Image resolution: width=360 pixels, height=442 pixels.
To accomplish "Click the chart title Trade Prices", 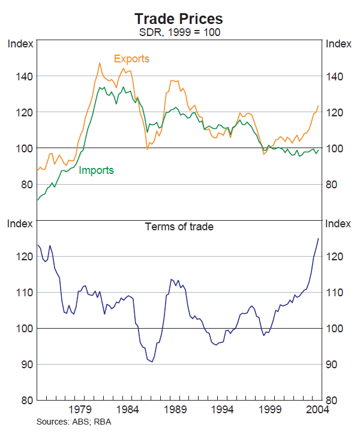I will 179,19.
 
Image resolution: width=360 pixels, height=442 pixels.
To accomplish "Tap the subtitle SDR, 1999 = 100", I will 179,32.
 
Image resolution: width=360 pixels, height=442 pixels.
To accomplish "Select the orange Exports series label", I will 131,59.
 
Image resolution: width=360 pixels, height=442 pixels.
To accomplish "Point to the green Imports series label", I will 96,170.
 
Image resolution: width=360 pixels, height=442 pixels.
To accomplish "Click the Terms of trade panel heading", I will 179,227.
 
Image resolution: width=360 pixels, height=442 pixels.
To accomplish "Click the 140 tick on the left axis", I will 25,76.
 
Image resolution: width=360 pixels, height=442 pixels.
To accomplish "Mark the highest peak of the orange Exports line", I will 100,62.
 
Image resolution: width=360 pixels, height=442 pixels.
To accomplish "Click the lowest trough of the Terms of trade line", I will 152,362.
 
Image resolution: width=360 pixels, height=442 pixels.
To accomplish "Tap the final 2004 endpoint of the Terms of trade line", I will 318,239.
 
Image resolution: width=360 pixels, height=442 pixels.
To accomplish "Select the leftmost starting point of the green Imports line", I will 38,200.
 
